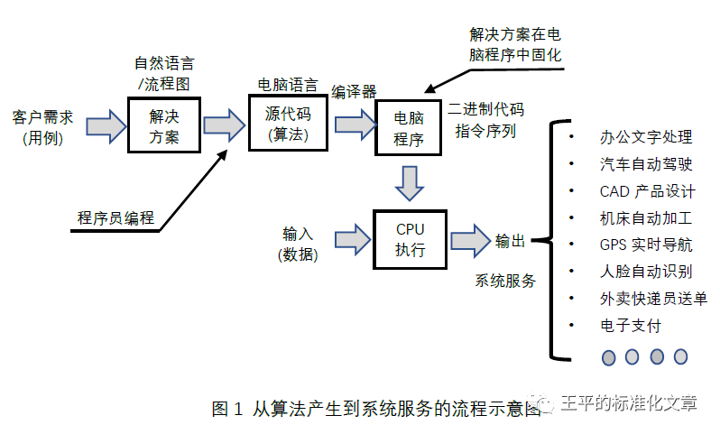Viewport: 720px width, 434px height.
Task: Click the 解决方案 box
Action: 164,126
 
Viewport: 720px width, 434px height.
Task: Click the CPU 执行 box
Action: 410,238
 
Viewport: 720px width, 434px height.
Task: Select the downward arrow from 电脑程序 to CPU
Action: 410,184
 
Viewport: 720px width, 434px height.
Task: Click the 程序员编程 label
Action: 115,217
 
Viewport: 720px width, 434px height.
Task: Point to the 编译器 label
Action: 354,92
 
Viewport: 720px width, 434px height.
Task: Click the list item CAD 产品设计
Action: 647,190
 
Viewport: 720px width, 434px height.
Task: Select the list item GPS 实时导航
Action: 645,244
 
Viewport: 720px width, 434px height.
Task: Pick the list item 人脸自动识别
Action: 645,271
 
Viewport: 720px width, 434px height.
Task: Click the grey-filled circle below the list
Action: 609,356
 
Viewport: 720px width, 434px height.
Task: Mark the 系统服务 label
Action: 505,281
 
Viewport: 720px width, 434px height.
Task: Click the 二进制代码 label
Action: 485,109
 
